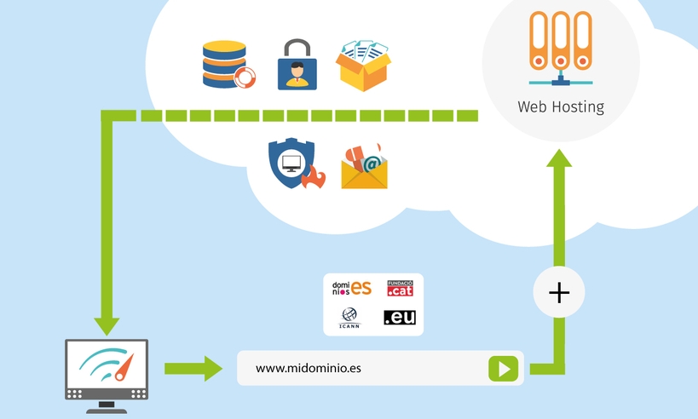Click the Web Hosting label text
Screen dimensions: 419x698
click(560, 107)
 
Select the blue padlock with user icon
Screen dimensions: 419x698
click(297, 65)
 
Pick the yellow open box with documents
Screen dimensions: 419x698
click(364, 64)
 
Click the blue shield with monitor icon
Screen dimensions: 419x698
click(291, 163)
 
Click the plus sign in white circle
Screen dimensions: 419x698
click(559, 294)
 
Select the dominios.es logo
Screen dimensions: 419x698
click(351, 288)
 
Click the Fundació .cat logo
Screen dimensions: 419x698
click(400, 288)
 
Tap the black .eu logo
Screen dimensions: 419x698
click(400, 318)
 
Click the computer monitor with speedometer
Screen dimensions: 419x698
click(107, 371)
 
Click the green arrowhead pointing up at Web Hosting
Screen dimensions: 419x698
click(559, 158)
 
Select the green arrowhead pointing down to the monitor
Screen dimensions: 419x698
click(107, 324)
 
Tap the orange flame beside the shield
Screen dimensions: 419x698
click(316, 177)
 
